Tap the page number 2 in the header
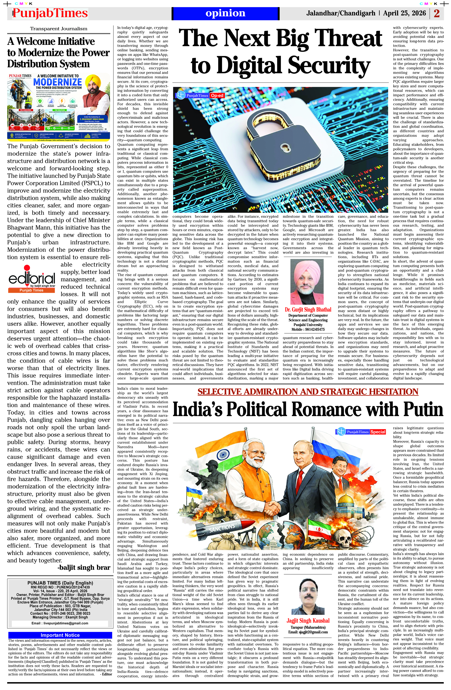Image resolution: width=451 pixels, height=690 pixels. pos(437,13)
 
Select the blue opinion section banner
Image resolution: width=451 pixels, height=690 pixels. pos(225,13)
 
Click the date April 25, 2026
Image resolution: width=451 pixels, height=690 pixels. pos(404,13)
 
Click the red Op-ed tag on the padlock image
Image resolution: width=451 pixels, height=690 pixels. pos(217,95)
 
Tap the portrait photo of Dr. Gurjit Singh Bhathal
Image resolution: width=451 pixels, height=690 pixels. pos(307,282)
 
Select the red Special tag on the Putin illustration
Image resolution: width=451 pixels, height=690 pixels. pos(378,432)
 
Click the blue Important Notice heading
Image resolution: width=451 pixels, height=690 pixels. pos(60,635)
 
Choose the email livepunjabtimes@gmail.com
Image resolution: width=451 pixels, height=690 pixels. pos(60,623)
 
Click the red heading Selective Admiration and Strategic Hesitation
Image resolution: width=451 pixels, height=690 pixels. pos(308,391)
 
